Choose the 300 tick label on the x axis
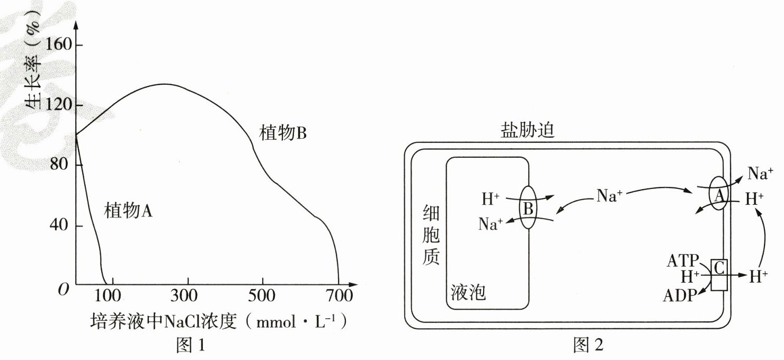(x=188, y=295)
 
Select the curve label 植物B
(x=283, y=133)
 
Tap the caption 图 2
(x=588, y=345)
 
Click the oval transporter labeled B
(x=528, y=207)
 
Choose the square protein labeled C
(x=719, y=274)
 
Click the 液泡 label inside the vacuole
(x=468, y=292)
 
